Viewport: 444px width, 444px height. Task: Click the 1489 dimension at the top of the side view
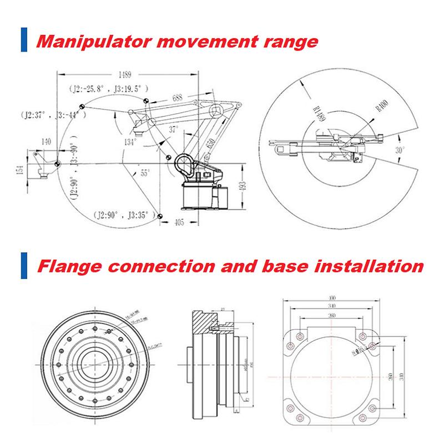click(x=125, y=73)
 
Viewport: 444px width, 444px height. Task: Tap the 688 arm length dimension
click(x=176, y=98)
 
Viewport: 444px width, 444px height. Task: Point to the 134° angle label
click(x=130, y=142)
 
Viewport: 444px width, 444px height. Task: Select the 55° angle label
click(x=145, y=173)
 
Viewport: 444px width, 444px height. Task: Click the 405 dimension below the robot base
click(x=178, y=223)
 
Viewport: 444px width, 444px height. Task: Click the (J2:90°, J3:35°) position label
click(x=122, y=214)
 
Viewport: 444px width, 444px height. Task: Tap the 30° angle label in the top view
click(x=400, y=149)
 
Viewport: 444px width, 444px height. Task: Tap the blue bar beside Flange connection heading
click(x=24, y=265)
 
